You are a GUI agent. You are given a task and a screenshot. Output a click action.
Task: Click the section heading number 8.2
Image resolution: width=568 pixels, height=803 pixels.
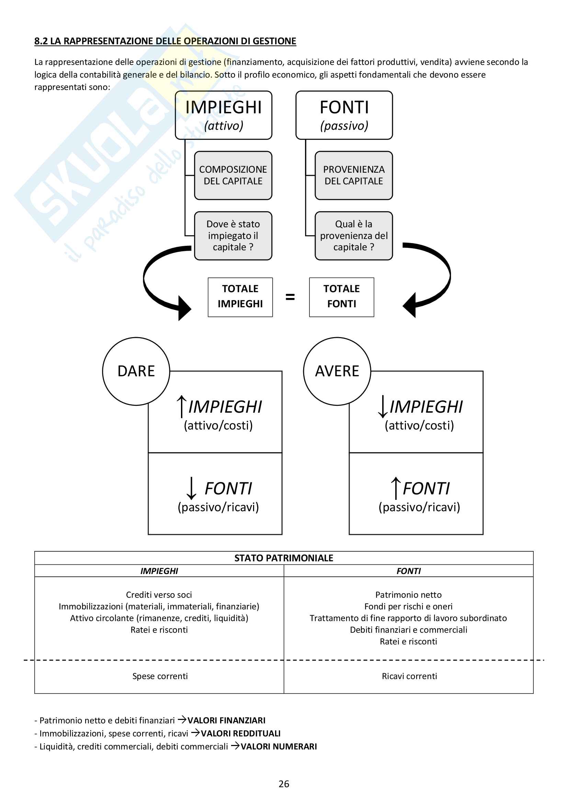pos(41,41)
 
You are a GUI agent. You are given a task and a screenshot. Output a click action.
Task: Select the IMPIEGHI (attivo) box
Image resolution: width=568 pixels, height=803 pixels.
pos(224,115)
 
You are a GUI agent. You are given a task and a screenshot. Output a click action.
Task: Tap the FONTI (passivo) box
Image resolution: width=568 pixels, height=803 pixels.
pos(344,115)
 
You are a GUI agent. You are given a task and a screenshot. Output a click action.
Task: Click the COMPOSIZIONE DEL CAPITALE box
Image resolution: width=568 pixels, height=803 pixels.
pos(233,175)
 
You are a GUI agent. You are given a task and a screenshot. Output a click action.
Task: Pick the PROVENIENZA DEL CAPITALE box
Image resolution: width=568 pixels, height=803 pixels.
pos(354,175)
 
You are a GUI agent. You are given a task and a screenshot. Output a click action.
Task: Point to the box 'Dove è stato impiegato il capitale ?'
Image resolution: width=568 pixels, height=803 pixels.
pos(233,236)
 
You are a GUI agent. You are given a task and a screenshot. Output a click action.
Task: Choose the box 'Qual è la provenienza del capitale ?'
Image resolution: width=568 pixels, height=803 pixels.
pos(354,236)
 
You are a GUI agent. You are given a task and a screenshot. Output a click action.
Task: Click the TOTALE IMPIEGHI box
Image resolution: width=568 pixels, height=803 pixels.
pos(240,297)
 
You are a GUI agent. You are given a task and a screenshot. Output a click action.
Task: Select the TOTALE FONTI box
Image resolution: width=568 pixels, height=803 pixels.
pos(341,297)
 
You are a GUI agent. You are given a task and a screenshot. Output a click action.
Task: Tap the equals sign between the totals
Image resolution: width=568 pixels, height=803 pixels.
pos(290,297)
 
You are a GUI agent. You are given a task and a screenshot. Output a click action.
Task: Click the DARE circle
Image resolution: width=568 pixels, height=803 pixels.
pos(136,371)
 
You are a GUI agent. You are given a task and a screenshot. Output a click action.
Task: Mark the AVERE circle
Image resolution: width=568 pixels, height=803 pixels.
pos(337,371)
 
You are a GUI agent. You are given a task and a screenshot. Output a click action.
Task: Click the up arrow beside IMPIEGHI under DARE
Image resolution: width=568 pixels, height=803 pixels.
pos(181,406)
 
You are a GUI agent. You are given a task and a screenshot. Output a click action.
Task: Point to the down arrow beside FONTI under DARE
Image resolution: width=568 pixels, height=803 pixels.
pos(191,488)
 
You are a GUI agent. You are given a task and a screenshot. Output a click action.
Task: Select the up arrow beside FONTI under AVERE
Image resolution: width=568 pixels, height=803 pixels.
pos(396,488)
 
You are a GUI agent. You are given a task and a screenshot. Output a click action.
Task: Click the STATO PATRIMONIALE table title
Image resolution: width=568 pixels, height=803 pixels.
pos(284,558)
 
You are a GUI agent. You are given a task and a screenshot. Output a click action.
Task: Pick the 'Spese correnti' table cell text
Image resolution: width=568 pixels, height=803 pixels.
pos(160,676)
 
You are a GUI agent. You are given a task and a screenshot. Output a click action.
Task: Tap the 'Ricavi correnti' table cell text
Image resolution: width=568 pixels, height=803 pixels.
pos(409,676)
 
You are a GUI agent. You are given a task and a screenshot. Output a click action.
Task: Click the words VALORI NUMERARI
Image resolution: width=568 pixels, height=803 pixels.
pos(279,746)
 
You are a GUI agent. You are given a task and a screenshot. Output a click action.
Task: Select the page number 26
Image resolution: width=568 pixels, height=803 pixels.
pos(284,784)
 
